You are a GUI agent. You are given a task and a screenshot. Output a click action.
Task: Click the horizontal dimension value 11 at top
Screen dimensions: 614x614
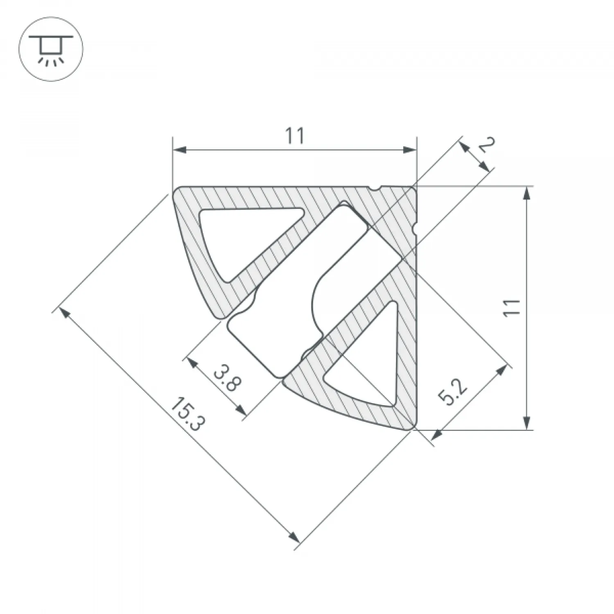pyautogui.click(x=295, y=136)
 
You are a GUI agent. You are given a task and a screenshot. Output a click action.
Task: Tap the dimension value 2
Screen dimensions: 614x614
pyautogui.click(x=487, y=145)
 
